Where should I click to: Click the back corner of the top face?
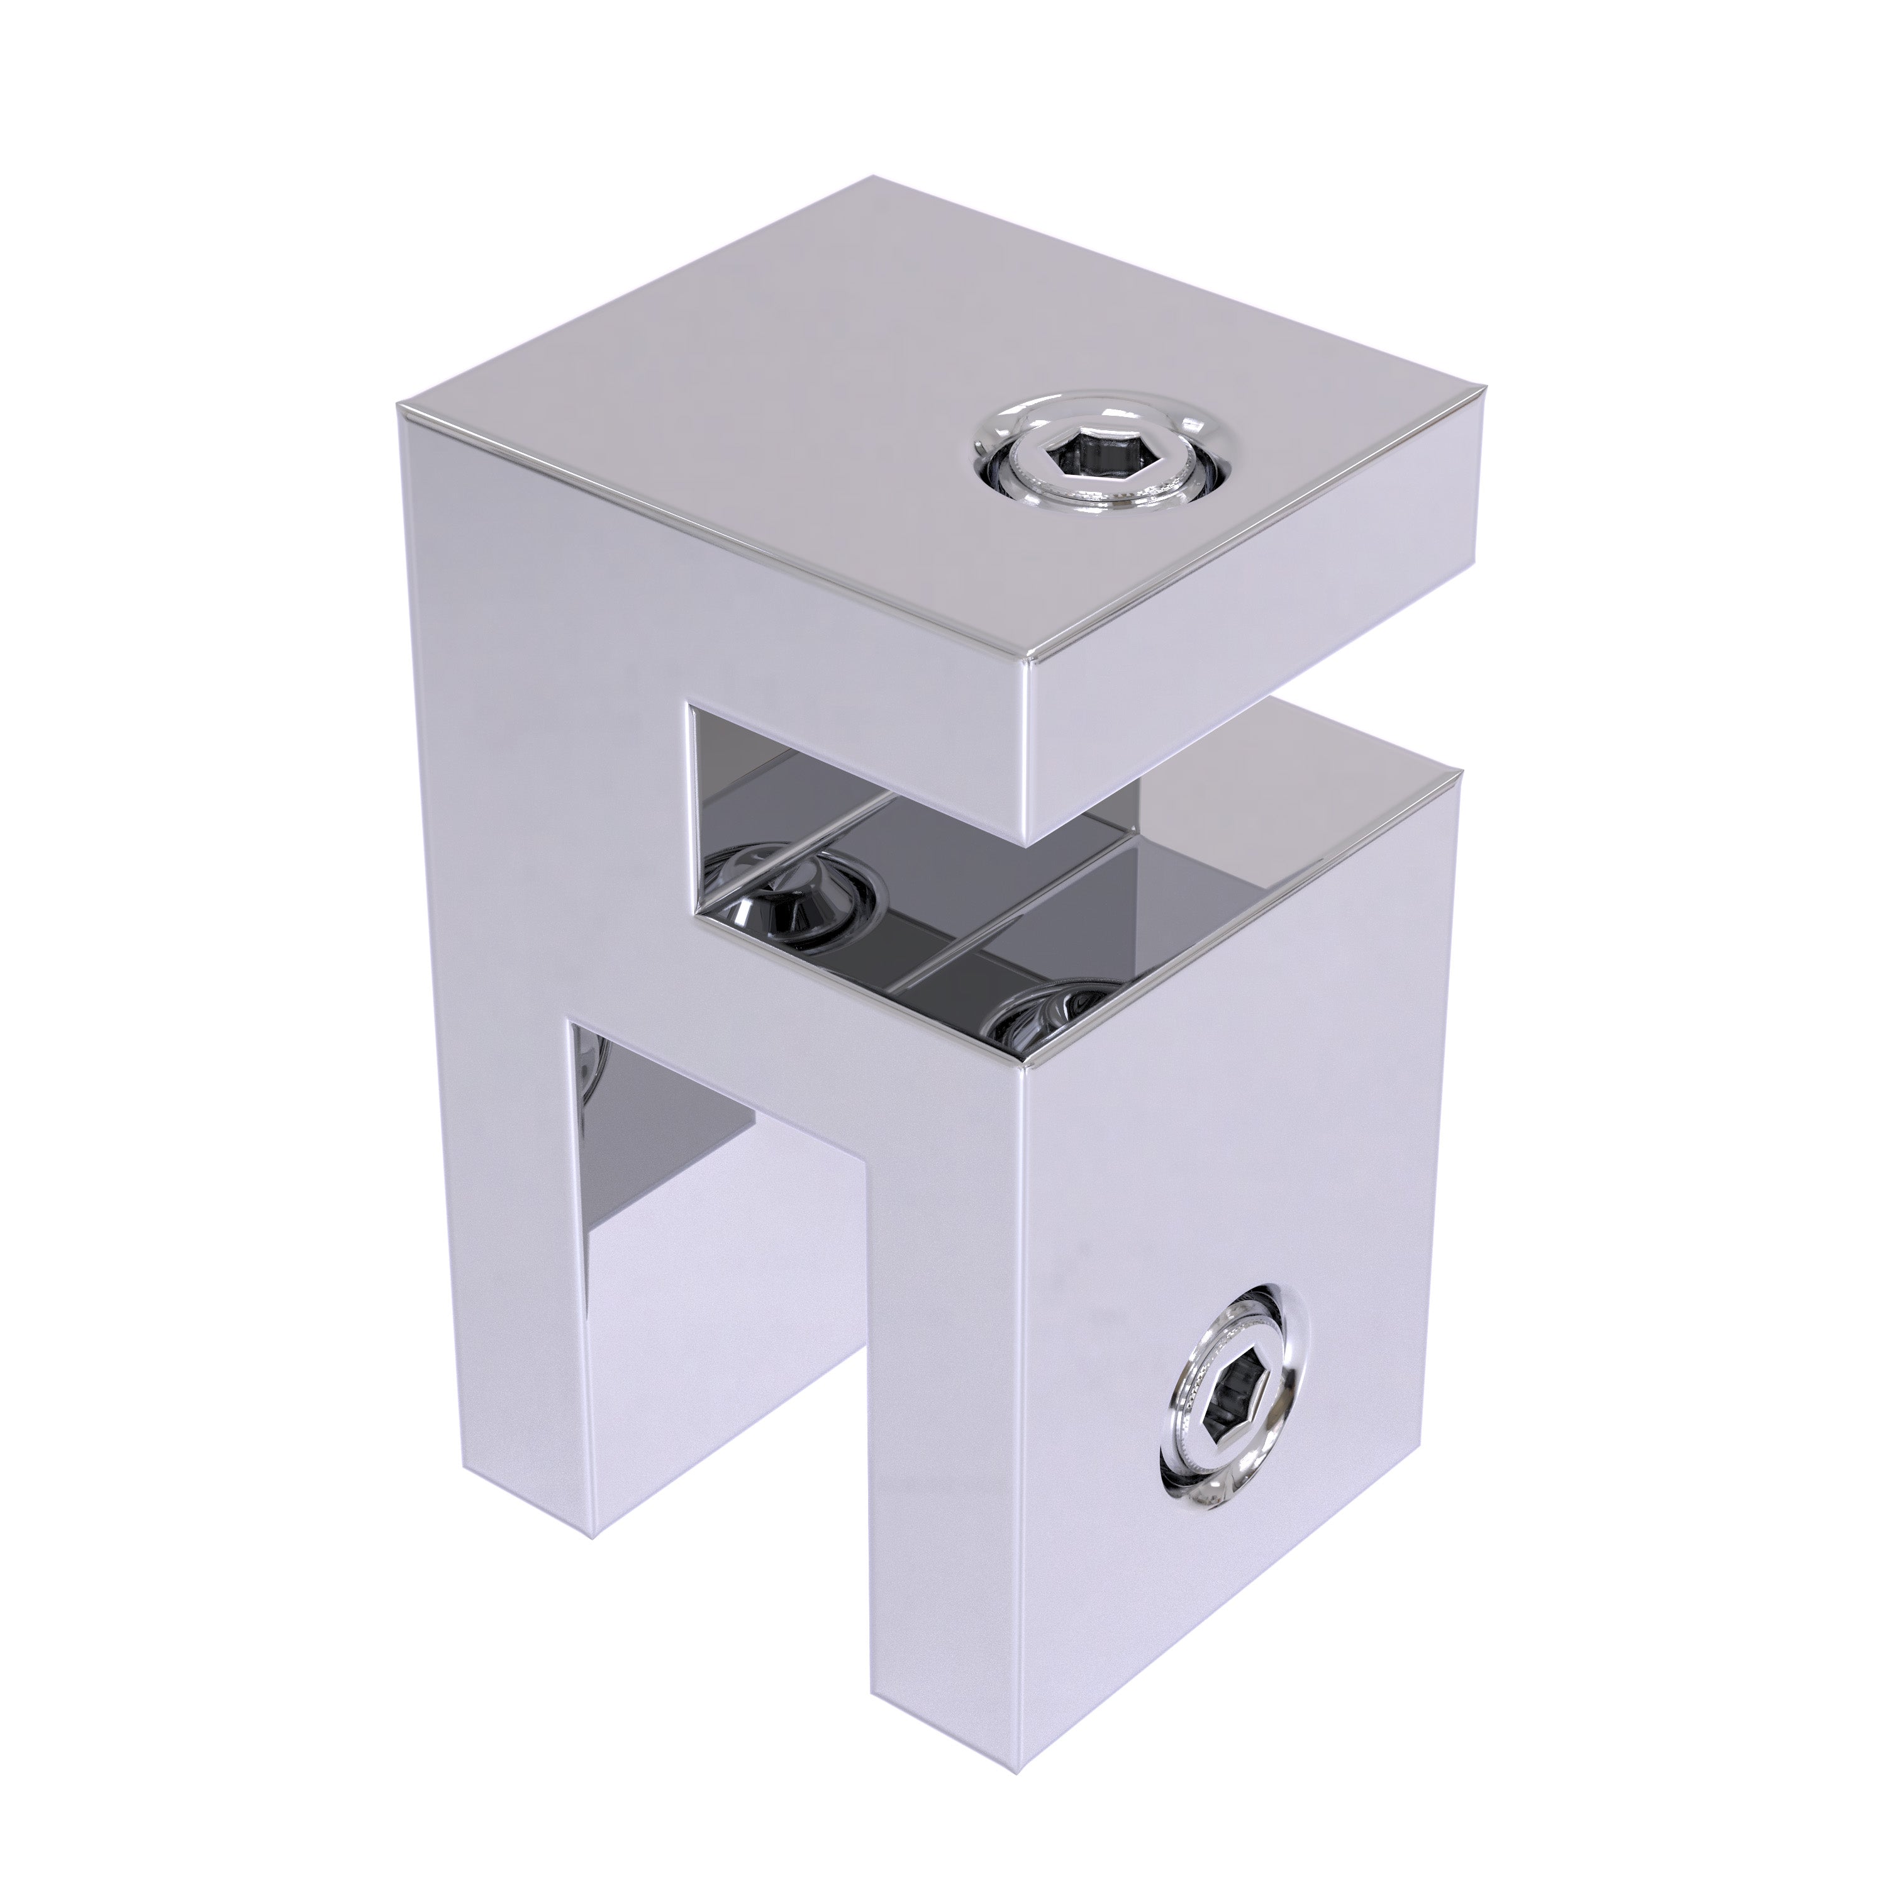pyautogui.click(x=872, y=178)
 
